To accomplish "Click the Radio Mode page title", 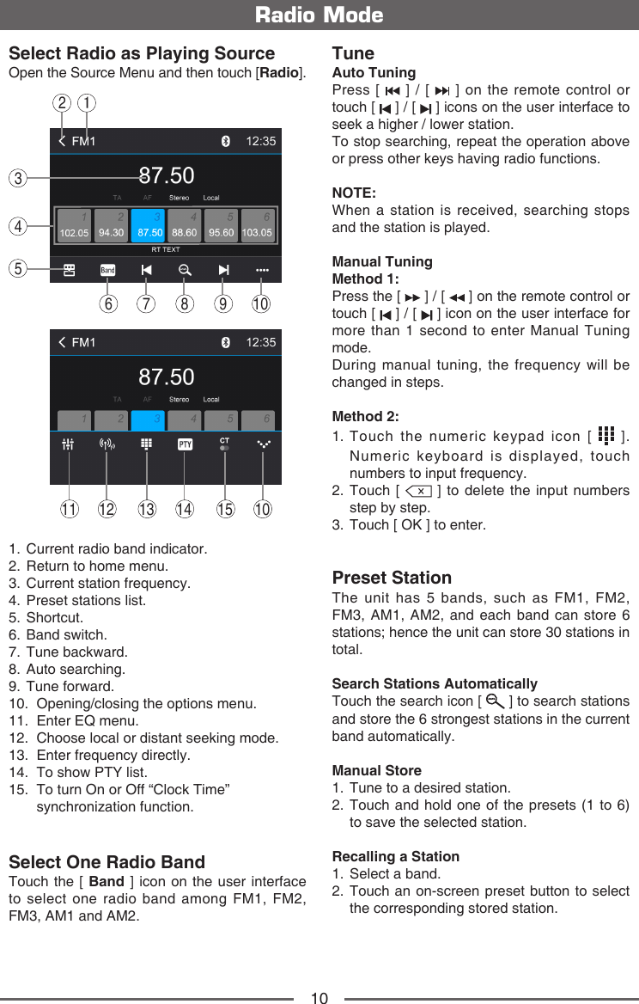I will pos(319,15).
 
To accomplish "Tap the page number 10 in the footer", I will pos(319,997).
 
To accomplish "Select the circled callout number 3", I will pos(17,179).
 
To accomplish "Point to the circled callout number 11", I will pos(70,509).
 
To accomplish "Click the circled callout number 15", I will pos(225,509).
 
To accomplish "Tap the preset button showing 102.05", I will pos(75,225).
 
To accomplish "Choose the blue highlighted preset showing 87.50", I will pos(150,225).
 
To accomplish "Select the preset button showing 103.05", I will pos(257,225).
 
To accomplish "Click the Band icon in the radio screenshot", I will pos(107,270).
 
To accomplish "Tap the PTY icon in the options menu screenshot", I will pos(185,444).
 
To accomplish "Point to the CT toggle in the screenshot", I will pos(224,444).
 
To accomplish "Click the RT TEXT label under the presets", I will pos(166,249).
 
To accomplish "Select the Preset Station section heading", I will pos(392,578).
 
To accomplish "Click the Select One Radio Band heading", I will pos(106,862).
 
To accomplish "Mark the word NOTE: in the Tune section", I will pos(354,193).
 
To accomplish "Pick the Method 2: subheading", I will pos(365,416).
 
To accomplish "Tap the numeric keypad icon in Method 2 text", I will pos(605,436).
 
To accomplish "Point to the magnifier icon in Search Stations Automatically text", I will pos(494,701).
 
